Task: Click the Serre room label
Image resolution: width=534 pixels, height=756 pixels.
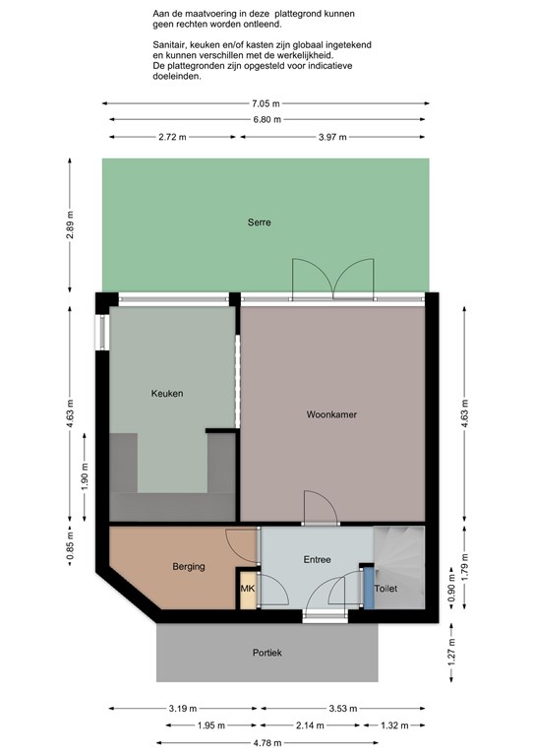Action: coord(259,222)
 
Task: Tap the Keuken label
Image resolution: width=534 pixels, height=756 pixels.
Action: coord(167,394)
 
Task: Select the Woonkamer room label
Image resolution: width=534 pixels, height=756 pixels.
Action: coord(331,414)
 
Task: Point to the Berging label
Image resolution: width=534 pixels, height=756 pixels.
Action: coord(189,567)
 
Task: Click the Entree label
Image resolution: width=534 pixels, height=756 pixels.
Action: coord(318,560)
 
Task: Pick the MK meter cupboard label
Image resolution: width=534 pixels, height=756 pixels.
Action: coord(248,589)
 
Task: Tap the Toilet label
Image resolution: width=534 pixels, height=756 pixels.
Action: coord(386,589)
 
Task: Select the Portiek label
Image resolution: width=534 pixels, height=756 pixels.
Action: coord(267,653)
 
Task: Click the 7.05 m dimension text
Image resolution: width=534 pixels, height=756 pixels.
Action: coord(266,103)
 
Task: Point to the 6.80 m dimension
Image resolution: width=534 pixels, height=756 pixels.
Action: coord(267,119)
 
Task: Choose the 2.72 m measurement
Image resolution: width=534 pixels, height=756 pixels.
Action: coord(172,137)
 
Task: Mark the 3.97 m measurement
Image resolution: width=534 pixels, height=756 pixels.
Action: coord(332,137)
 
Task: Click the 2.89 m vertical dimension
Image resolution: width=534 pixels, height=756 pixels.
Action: coord(70,225)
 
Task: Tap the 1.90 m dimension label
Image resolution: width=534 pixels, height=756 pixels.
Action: coord(85,475)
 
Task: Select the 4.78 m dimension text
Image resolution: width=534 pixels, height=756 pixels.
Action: coord(267,743)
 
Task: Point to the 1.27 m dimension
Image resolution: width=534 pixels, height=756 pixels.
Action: coord(451,653)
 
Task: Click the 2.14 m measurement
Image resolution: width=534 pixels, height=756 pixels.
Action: coord(310,725)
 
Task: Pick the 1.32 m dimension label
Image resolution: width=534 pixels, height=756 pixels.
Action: coord(394,725)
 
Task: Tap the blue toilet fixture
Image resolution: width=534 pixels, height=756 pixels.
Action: coord(369,589)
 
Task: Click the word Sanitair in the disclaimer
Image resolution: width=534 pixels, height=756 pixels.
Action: coord(169,45)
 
